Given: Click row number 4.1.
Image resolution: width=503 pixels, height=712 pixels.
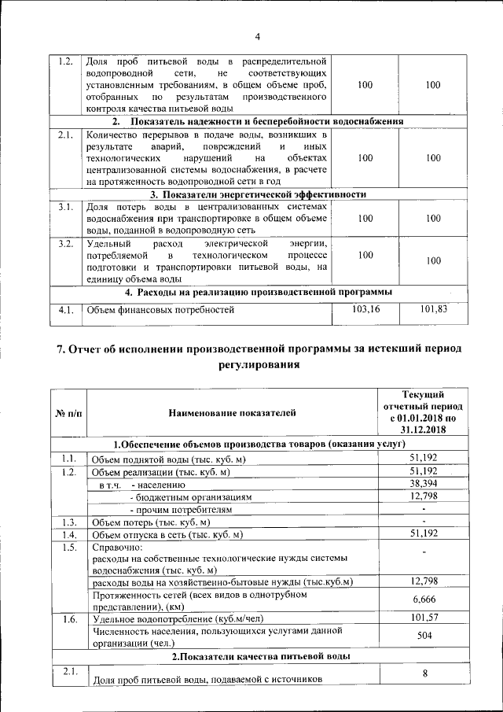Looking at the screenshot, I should pyautogui.click(x=66, y=310).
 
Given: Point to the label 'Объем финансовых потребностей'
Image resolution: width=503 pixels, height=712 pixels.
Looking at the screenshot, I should pyautogui.click(x=160, y=311).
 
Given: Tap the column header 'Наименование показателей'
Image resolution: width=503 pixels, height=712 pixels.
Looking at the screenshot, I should pyautogui.click(x=232, y=412).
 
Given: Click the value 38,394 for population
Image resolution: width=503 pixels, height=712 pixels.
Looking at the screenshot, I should pyautogui.click(x=423, y=484).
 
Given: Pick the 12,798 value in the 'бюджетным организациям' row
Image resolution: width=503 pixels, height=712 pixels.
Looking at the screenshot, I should pyautogui.click(x=423, y=497).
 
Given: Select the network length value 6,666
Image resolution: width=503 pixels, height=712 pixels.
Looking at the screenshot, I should pyautogui.click(x=423, y=599).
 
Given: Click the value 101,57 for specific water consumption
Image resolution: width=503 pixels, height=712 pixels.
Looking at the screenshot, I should pyautogui.click(x=423, y=618).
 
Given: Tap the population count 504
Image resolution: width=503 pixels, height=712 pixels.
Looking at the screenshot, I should pyautogui.click(x=423, y=636).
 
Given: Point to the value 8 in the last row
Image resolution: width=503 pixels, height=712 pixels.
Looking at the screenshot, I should pyautogui.click(x=424, y=673).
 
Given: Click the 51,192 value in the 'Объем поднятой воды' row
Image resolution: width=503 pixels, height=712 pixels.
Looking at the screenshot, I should pyautogui.click(x=423, y=458).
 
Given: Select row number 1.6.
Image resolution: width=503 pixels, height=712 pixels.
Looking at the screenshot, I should pyautogui.click(x=68, y=618).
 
